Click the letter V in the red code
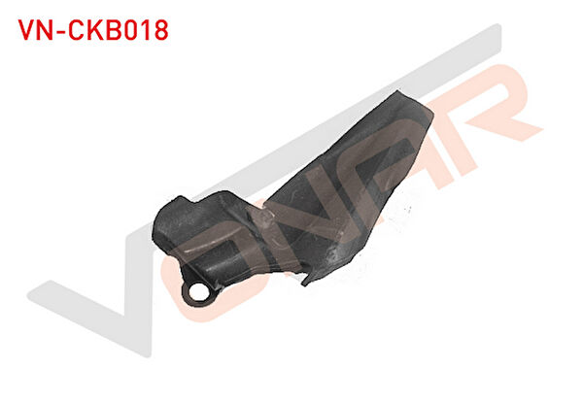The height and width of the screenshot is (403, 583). pos(27,30)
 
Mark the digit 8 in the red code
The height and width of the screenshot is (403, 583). pos(161,30)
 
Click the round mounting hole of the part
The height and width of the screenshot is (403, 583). pos(197,292)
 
